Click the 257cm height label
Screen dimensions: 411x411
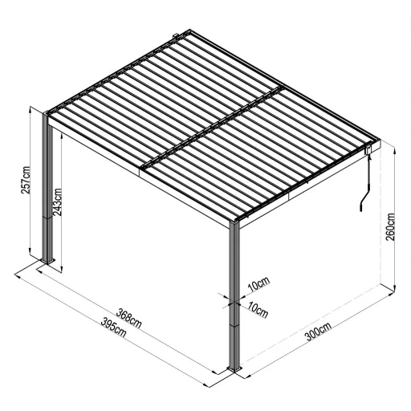click(x=26, y=184)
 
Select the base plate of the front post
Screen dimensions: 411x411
click(x=235, y=370)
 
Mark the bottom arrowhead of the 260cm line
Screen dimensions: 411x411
click(x=397, y=288)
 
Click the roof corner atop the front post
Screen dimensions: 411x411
click(x=234, y=220)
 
